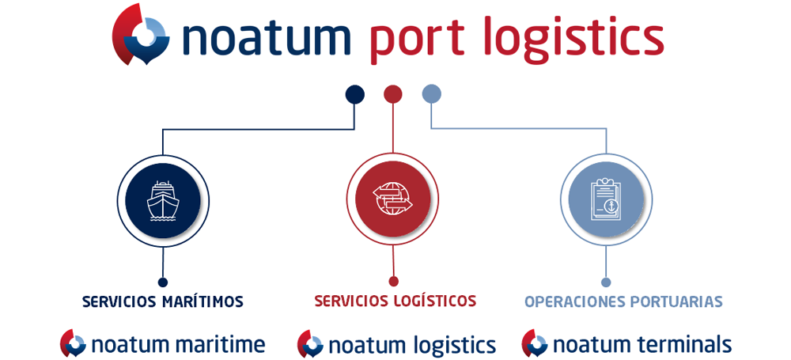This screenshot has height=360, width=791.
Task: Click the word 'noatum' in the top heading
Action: pyautogui.click(x=267, y=38)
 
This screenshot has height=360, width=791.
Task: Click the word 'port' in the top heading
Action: pyautogui.click(x=418, y=40)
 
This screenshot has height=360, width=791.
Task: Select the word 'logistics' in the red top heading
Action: pyautogui.click(x=573, y=40)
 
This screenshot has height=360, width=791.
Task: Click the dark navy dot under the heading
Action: pyautogui.click(x=354, y=94)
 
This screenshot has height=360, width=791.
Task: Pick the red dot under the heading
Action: pyautogui.click(x=393, y=94)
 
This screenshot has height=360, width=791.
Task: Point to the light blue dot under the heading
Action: pyautogui.click(x=431, y=93)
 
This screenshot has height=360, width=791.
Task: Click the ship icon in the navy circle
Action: pyautogui.click(x=163, y=200)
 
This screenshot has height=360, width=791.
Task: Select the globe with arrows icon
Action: pyautogui.click(x=392, y=199)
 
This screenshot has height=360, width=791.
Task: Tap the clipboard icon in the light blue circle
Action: pyautogui.click(x=606, y=199)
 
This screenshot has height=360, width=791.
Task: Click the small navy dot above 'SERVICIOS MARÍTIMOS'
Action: pyautogui.click(x=162, y=282)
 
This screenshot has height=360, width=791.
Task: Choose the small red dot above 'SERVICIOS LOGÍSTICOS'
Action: pyautogui.click(x=394, y=281)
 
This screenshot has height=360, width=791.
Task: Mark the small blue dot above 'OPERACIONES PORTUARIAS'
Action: pyautogui.click(x=607, y=282)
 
